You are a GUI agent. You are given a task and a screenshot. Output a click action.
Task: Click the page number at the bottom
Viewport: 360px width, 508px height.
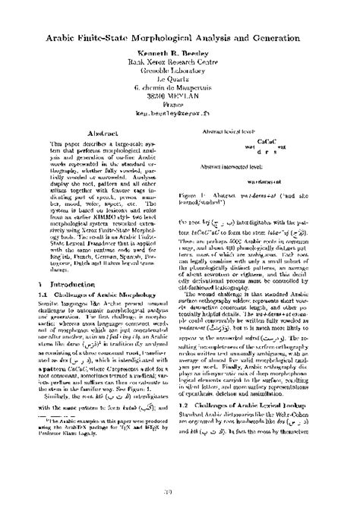tap(181, 492)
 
